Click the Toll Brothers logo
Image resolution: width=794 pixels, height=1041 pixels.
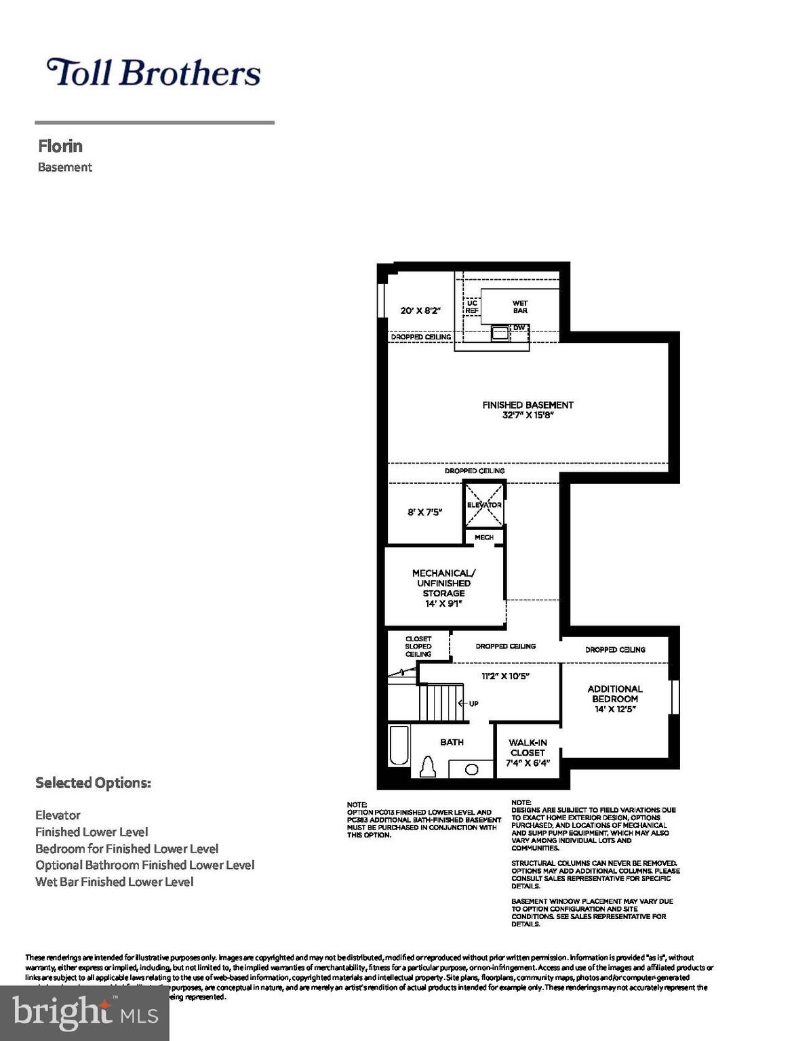153,73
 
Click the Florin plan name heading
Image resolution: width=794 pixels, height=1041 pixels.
60,146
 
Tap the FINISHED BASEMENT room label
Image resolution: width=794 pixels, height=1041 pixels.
528,409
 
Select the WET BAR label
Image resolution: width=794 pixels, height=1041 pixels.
520,307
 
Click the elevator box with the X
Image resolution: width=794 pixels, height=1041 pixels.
484,504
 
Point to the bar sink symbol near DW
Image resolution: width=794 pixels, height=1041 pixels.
500,332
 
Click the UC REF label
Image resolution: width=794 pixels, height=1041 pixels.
471,307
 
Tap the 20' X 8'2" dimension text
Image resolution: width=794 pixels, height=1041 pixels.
420,310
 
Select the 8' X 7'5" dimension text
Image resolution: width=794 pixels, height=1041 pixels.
424,512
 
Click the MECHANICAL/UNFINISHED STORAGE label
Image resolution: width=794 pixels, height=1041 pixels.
443,588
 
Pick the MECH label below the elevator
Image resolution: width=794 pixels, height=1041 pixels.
484,537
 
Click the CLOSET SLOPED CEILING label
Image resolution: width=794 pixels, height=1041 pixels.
418,647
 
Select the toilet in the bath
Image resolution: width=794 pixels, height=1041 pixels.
428,767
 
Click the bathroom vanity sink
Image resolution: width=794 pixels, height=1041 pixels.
471,769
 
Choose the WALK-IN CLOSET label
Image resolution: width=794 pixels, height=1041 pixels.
528,752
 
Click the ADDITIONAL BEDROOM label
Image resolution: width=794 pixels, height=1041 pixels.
614,698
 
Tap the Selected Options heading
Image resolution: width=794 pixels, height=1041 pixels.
93,783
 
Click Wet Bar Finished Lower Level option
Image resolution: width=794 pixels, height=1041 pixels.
115,882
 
